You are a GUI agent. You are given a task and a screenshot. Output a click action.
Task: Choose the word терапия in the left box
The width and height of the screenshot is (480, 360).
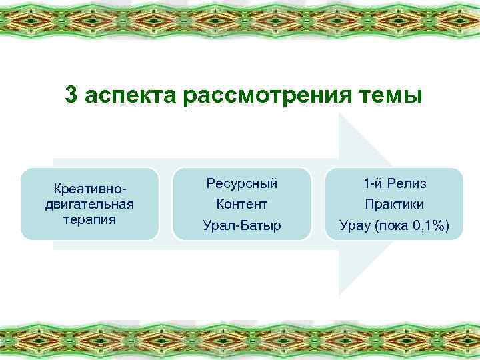89,219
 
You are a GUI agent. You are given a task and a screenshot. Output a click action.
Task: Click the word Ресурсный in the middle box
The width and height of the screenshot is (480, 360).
242,183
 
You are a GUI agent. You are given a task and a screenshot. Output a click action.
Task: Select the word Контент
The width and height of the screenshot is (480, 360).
242,204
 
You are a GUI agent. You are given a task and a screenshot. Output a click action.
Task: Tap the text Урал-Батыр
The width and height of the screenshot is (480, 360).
242,226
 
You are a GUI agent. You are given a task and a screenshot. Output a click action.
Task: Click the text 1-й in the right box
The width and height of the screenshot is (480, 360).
373,183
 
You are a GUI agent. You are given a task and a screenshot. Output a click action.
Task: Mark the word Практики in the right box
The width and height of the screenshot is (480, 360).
395,204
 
